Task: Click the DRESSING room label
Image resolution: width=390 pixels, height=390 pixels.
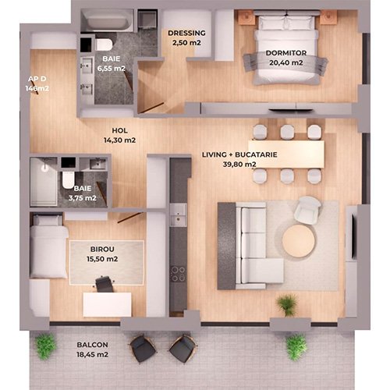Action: pos(186,37)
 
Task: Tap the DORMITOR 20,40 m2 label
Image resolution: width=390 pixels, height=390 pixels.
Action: pos(286,58)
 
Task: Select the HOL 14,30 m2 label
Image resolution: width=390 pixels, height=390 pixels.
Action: pos(119,135)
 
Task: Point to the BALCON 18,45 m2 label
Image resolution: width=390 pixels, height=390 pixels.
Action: pos(92,349)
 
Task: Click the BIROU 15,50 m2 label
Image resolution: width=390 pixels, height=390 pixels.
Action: pos(102,253)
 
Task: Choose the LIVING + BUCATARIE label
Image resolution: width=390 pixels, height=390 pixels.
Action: pos(239,154)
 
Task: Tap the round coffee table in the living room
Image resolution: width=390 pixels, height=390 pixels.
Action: pos(299,241)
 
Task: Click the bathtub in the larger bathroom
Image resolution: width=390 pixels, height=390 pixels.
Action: pos(108,21)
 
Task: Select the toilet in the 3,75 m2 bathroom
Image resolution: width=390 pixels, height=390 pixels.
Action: pos(69,179)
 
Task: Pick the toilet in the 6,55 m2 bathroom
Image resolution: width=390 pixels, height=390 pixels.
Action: pos(104,44)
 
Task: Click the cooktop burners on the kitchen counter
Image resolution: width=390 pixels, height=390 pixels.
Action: pos(178,274)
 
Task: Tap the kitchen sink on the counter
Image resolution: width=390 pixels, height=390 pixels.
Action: pos(179,215)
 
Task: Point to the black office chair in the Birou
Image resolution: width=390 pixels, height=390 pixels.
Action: pos(105,284)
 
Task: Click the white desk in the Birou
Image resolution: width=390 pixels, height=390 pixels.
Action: pos(107,304)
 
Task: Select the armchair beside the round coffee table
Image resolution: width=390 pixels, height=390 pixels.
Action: pos(307,210)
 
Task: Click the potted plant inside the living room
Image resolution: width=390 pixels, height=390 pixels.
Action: pos(287,305)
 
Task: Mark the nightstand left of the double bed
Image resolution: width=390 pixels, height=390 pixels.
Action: pos(247,18)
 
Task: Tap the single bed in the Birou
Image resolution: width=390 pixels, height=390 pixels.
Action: pos(49,246)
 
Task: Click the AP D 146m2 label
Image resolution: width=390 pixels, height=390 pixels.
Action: pos(37,83)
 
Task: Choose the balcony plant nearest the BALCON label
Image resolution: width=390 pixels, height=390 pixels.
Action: pos(45,346)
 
